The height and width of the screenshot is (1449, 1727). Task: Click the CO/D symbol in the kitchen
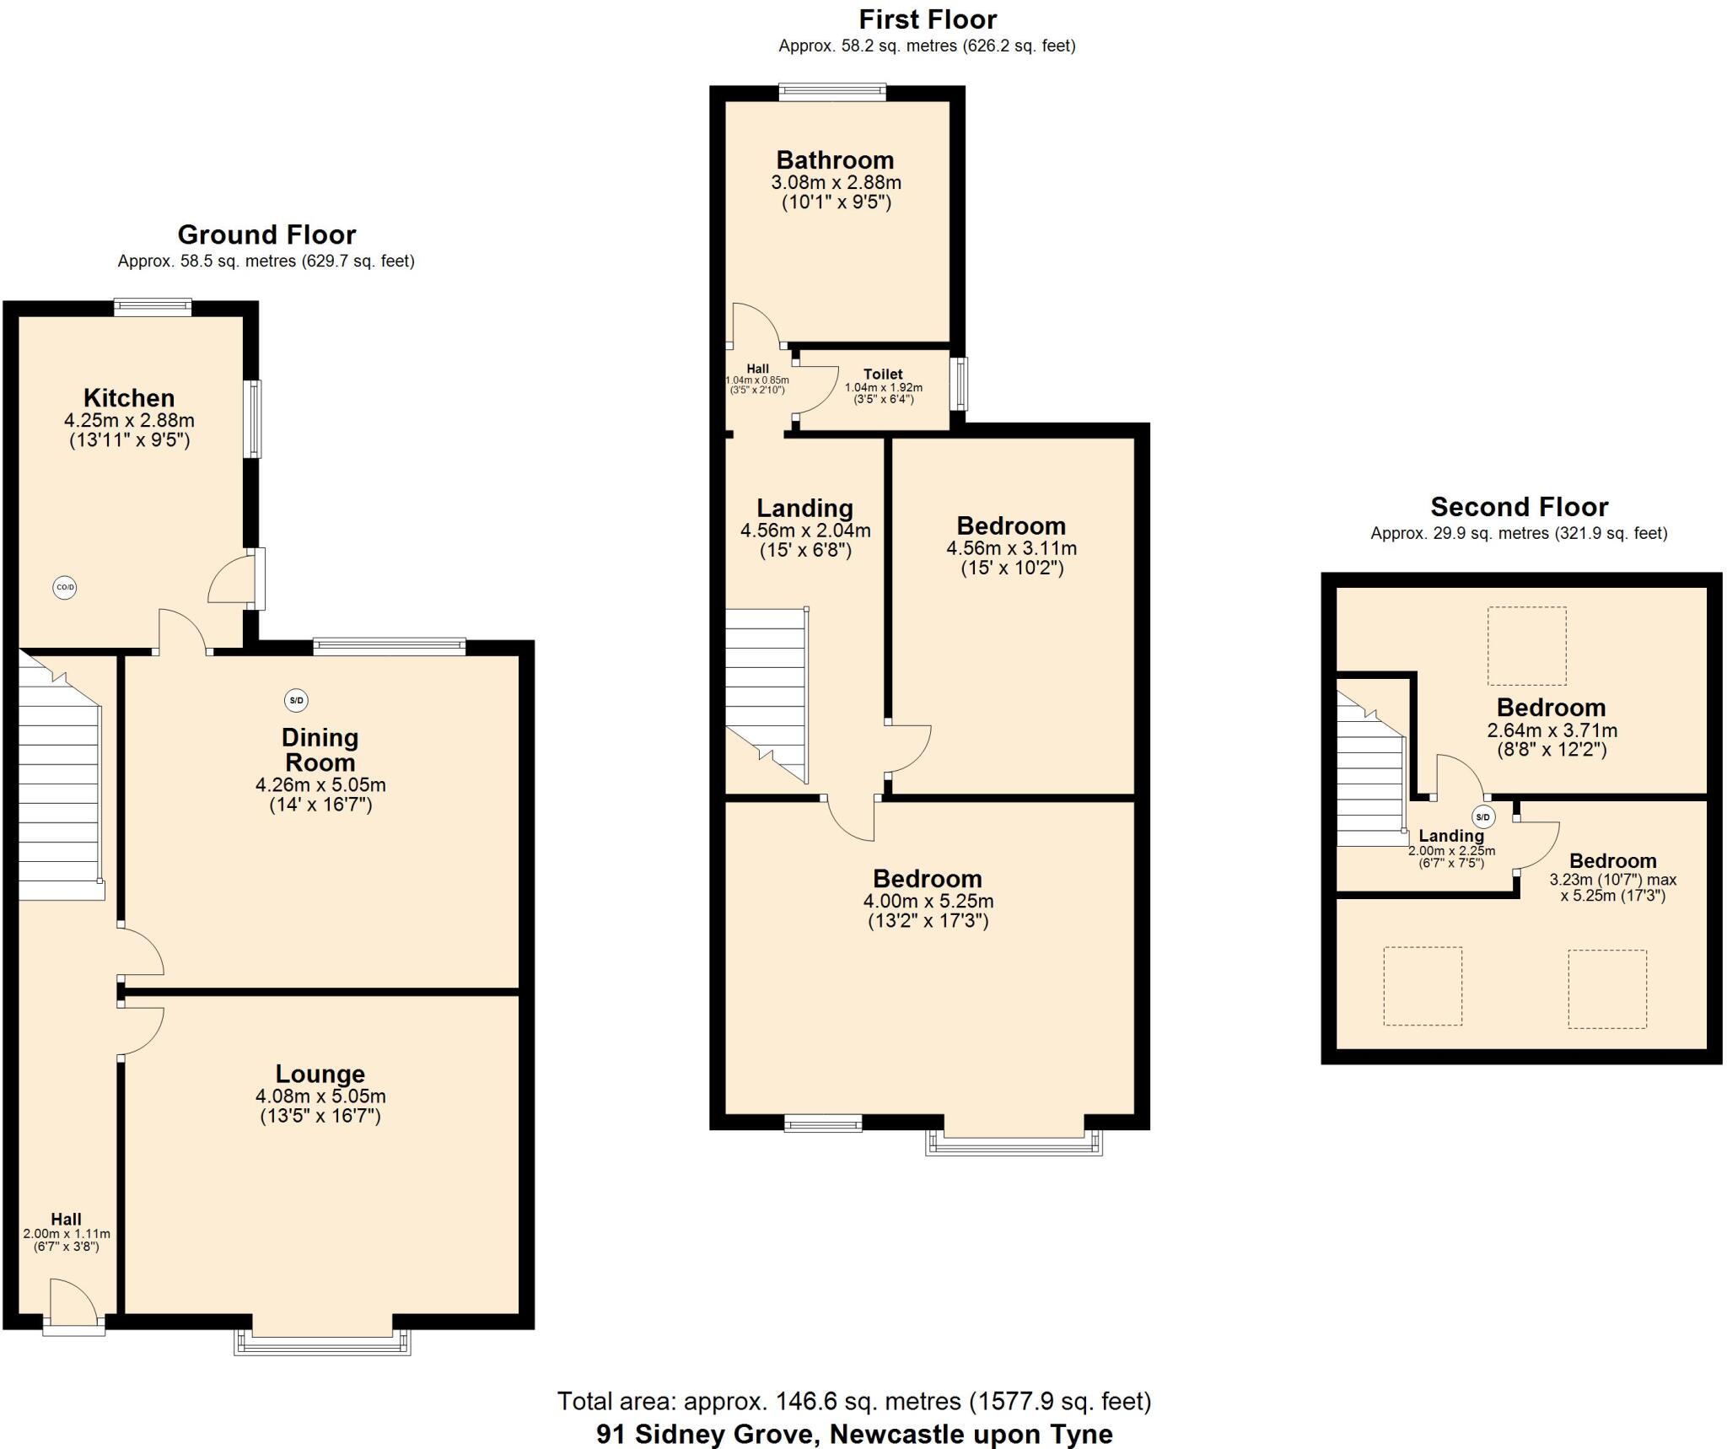pyautogui.click(x=65, y=587)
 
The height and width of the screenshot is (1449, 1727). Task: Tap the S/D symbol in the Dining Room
pyautogui.click(x=296, y=700)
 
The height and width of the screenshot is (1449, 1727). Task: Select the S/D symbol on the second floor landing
pyautogui.click(x=1482, y=816)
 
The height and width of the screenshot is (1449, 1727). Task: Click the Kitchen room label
pyautogui.click(x=129, y=397)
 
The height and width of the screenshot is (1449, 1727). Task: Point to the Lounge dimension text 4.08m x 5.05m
pyautogui.click(x=320, y=1096)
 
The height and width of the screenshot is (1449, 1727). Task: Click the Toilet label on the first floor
pyautogui.click(x=883, y=374)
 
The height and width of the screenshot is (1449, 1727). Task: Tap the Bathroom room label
pyautogui.click(x=835, y=159)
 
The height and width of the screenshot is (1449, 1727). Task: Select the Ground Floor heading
pyautogui.click(x=266, y=234)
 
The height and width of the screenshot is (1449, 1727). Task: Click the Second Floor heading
pyautogui.click(x=1519, y=506)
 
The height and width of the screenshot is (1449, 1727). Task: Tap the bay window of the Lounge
pyautogui.click(x=322, y=1342)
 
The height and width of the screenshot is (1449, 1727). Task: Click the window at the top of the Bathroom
pyautogui.click(x=832, y=92)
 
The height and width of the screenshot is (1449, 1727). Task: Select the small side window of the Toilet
pyautogui.click(x=960, y=384)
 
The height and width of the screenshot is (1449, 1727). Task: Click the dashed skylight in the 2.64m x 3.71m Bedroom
pyautogui.click(x=1526, y=645)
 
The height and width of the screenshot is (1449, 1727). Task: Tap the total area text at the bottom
pyautogui.click(x=853, y=1401)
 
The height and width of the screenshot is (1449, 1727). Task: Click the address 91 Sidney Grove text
pyautogui.click(x=853, y=1433)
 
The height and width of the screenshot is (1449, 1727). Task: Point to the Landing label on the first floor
pyautogui.click(x=804, y=508)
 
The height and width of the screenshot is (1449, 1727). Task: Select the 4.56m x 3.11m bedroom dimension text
pyautogui.click(x=1011, y=547)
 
